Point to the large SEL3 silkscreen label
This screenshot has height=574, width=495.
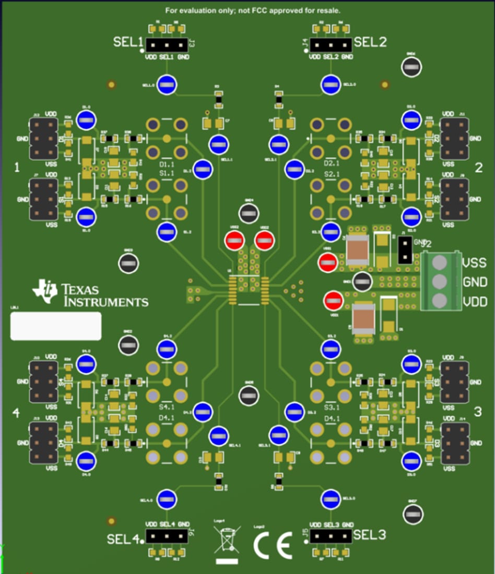pyautogui.click(x=369, y=534)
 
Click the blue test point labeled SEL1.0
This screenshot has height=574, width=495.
pyautogui.click(x=167, y=85)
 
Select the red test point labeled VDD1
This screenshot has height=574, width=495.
pyautogui.click(x=333, y=301)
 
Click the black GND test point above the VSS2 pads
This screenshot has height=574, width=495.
pyautogui.click(x=249, y=213)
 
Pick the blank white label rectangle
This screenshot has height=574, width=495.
pyautogui.click(x=56, y=326)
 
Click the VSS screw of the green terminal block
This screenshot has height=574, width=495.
pyautogui.click(x=440, y=262)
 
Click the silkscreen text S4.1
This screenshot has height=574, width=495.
pyautogui.click(x=167, y=406)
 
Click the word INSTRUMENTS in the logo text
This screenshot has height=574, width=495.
pyautogui.click(x=105, y=302)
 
